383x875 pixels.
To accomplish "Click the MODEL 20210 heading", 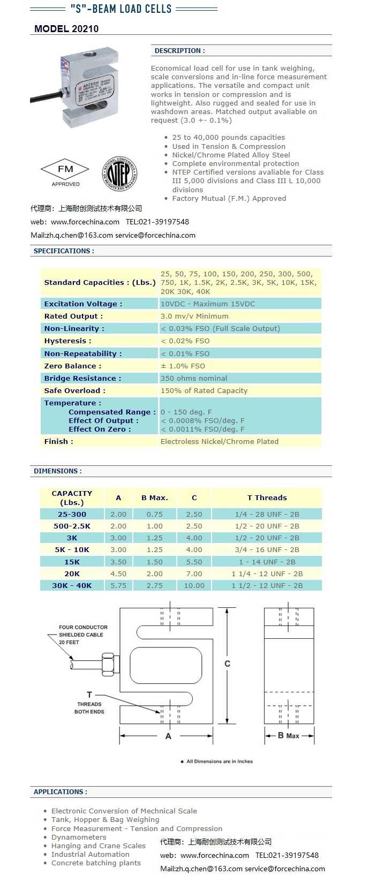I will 66,29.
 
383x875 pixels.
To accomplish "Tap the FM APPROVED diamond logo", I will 65,172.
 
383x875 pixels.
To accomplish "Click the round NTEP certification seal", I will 119,174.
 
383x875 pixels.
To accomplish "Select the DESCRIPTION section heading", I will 179,51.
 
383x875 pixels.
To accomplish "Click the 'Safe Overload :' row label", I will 74,390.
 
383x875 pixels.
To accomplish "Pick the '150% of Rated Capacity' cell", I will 204,390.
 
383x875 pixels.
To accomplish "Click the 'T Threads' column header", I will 267,497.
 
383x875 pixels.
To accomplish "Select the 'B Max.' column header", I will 155,497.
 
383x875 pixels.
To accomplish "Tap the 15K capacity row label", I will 72,562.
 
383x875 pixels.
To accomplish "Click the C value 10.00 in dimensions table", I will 194,585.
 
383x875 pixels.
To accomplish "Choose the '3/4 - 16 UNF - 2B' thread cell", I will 267,549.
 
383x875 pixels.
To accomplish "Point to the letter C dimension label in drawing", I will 228,663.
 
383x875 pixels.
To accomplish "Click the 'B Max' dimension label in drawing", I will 288,736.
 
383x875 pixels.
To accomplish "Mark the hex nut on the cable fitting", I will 109,664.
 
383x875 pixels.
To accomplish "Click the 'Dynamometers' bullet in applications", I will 79,837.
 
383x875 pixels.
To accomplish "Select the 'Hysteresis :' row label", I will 67,341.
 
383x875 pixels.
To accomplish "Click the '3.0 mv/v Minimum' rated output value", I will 194,316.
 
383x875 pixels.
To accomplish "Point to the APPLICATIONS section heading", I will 60,791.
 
